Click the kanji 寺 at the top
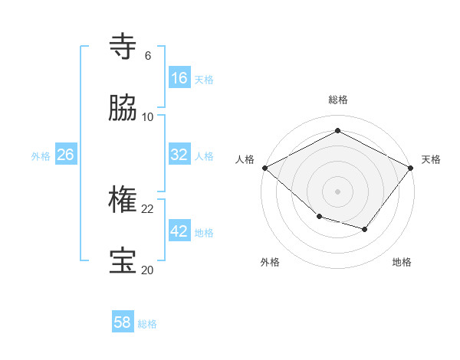click(x=123, y=47)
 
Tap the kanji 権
click(x=123, y=200)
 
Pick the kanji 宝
click(x=123, y=261)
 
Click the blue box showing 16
click(x=179, y=78)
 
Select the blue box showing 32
click(x=179, y=155)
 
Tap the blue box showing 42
click(x=179, y=231)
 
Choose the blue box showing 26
click(x=65, y=155)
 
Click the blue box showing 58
click(x=122, y=322)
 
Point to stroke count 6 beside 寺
click(x=148, y=56)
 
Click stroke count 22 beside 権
click(x=148, y=209)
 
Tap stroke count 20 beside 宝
click(x=148, y=270)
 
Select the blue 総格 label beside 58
click(x=147, y=324)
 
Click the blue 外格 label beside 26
click(x=41, y=156)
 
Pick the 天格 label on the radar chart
click(x=431, y=159)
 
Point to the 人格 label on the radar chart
click(x=245, y=159)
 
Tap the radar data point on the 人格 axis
click(x=264, y=167)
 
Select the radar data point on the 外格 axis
click(x=319, y=217)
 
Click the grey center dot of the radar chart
click(x=337, y=191)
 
